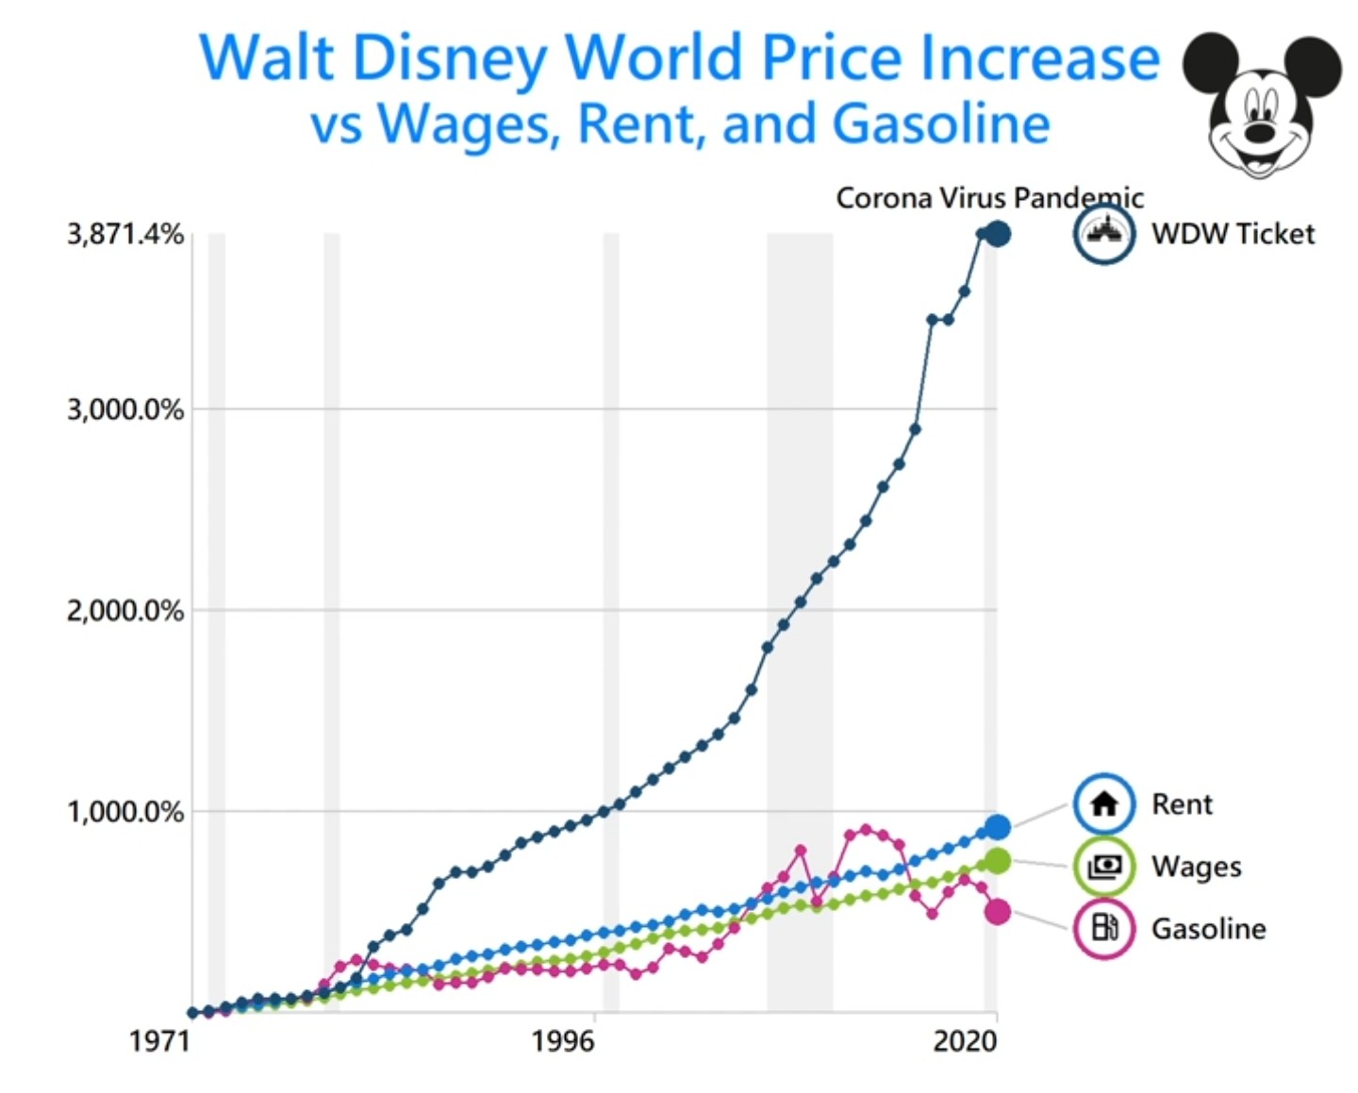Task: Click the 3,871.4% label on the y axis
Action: pos(124,234)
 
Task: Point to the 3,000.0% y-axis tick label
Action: pos(124,410)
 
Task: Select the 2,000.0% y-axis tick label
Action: pos(124,611)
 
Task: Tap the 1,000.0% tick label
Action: pos(124,812)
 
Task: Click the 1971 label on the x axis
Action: pos(159,1041)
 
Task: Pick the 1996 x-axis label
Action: pos(562,1041)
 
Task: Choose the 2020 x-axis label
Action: pos(964,1041)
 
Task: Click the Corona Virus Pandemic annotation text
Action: pos(989,198)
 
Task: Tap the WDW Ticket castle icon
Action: pos(1103,233)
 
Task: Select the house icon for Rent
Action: pos(1103,804)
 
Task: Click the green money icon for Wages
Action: pos(1103,866)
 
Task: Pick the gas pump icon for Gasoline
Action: pos(1103,928)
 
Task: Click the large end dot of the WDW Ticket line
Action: pos(998,234)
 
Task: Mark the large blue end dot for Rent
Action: pos(997,827)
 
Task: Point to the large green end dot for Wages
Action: pos(997,861)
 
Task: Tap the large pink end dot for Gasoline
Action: pos(997,912)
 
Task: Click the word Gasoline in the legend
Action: pos(1208,929)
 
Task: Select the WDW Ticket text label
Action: pos(1233,234)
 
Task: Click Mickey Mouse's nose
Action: pos(1261,132)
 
